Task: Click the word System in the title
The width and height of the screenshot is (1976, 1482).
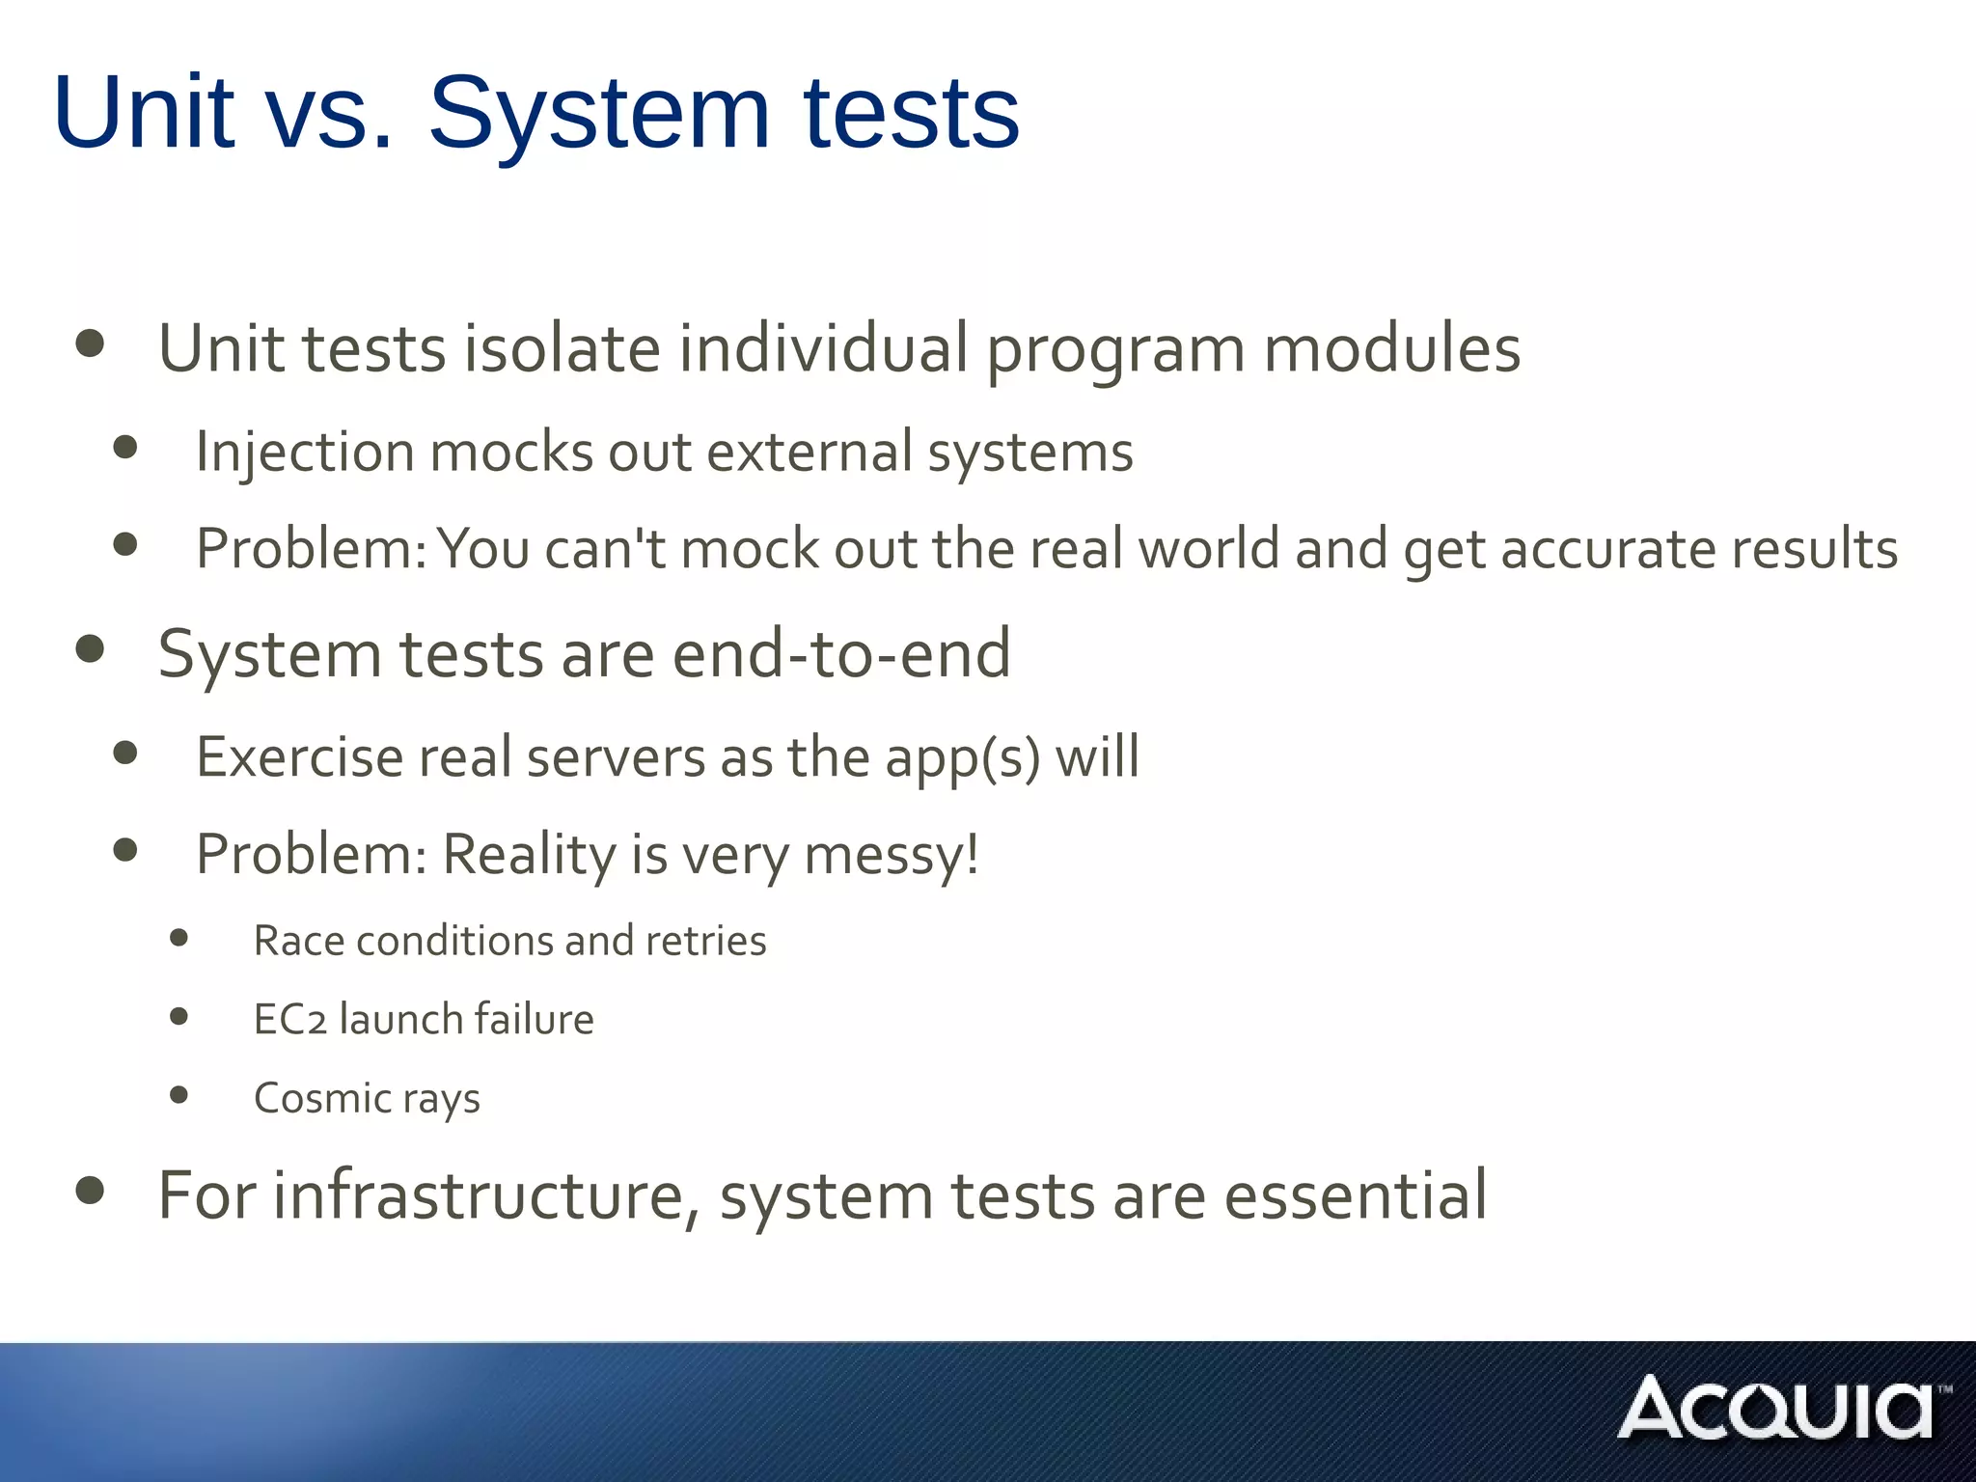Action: point(598,114)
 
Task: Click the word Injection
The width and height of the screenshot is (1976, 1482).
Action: point(304,453)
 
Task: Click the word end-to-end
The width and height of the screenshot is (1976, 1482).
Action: point(841,654)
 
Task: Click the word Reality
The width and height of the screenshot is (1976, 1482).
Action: point(528,855)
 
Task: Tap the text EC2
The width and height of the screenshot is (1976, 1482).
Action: point(289,1020)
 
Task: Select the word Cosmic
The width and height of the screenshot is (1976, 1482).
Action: point(321,1098)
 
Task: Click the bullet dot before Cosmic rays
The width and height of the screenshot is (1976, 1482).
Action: point(178,1094)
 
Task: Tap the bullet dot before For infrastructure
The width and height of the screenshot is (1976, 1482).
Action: point(90,1191)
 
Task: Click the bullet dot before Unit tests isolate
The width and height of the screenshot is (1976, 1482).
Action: point(90,343)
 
